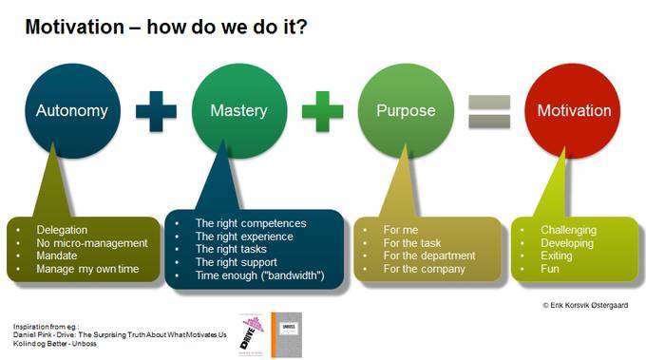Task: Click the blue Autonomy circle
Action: [x=72, y=111]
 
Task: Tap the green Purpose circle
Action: [x=405, y=111]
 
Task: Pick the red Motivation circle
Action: [x=574, y=111]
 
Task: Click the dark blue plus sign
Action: [x=156, y=112]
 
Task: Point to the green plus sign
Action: [x=322, y=112]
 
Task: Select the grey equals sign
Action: [x=489, y=112]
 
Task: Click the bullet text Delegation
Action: [x=62, y=230]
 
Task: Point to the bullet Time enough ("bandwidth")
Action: [x=258, y=275]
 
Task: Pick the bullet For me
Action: [x=401, y=230]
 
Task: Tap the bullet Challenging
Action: [x=568, y=230]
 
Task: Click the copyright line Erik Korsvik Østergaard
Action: [x=585, y=305]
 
